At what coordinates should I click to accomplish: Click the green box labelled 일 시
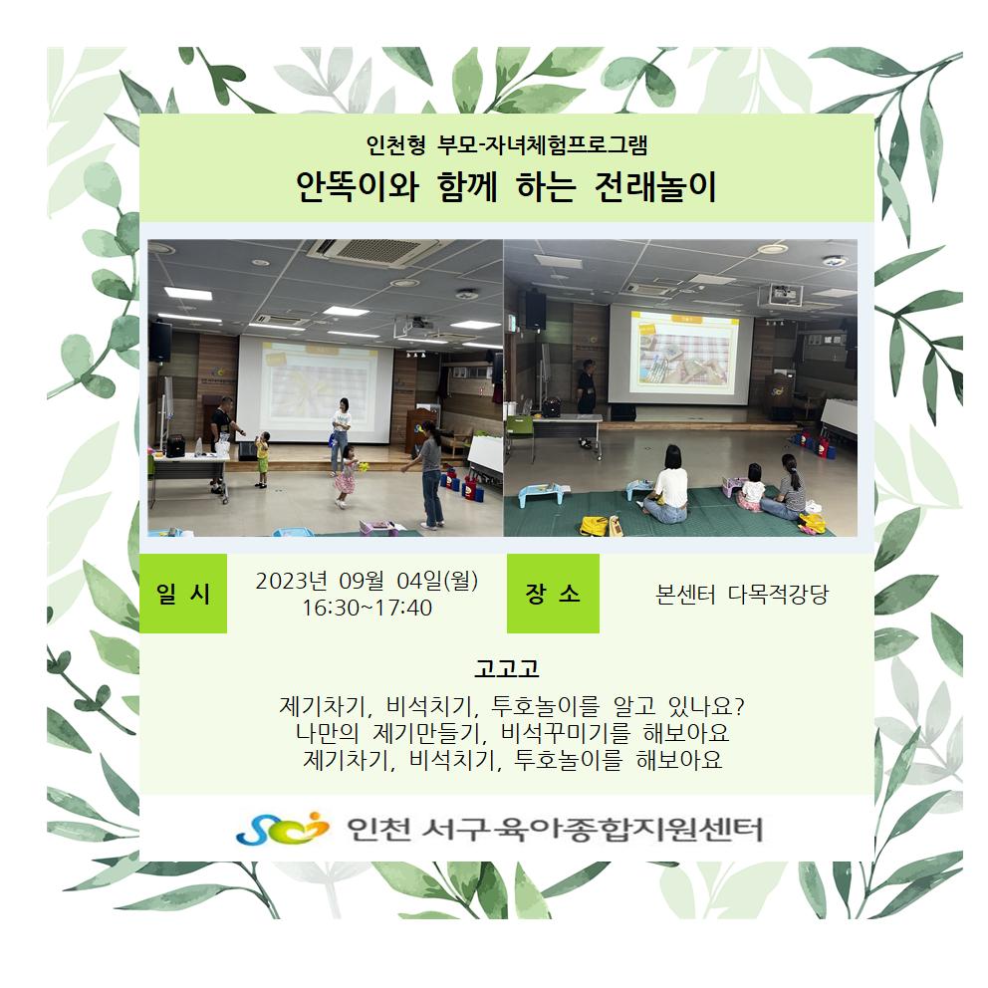coord(182,593)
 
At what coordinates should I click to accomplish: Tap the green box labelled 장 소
coord(553,593)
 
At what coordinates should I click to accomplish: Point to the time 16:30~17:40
coord(367,609)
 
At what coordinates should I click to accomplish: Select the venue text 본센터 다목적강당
coord(742,595)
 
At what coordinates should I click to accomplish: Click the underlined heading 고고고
coord(507,667)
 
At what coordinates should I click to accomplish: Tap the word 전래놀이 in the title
coord(655,187)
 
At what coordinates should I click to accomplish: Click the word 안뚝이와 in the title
coord(358,187)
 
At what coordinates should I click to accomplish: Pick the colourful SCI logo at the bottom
coord(282,829)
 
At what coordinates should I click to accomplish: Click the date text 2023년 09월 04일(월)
coord(367,581)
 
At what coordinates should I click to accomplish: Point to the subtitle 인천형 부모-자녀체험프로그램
coord(507,145)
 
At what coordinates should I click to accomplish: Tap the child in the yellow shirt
coord(262,459)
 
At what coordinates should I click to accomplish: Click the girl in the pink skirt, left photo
coord(345,477)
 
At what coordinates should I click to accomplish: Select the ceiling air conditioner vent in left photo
coord(371,251)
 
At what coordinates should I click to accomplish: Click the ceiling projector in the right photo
coord(780,295)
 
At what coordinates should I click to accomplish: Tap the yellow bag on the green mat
coord(595,526)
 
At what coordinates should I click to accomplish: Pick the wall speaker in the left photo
coord(160,341)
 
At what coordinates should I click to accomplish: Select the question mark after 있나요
coord(739,706)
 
